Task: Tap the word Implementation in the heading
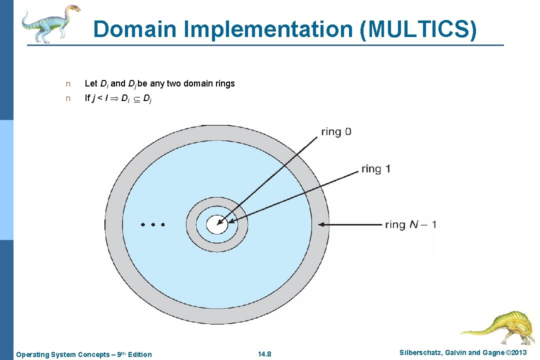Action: (x=267, y=29)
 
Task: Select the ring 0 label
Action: (x=336, y=132)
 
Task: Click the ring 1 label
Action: (x=375, y=169)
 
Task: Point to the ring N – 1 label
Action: (x=410, y=224)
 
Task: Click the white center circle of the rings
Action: (x=217, y=224)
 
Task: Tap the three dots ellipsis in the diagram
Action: (x=153, y=225)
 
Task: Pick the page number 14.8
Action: (x=264, y=354)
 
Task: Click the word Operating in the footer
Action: (x=32, y=354)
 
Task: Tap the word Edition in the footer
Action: (x=139, y=354)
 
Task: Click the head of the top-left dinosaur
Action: (x=73, y=8)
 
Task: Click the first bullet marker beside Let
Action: (x=68, y=84)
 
